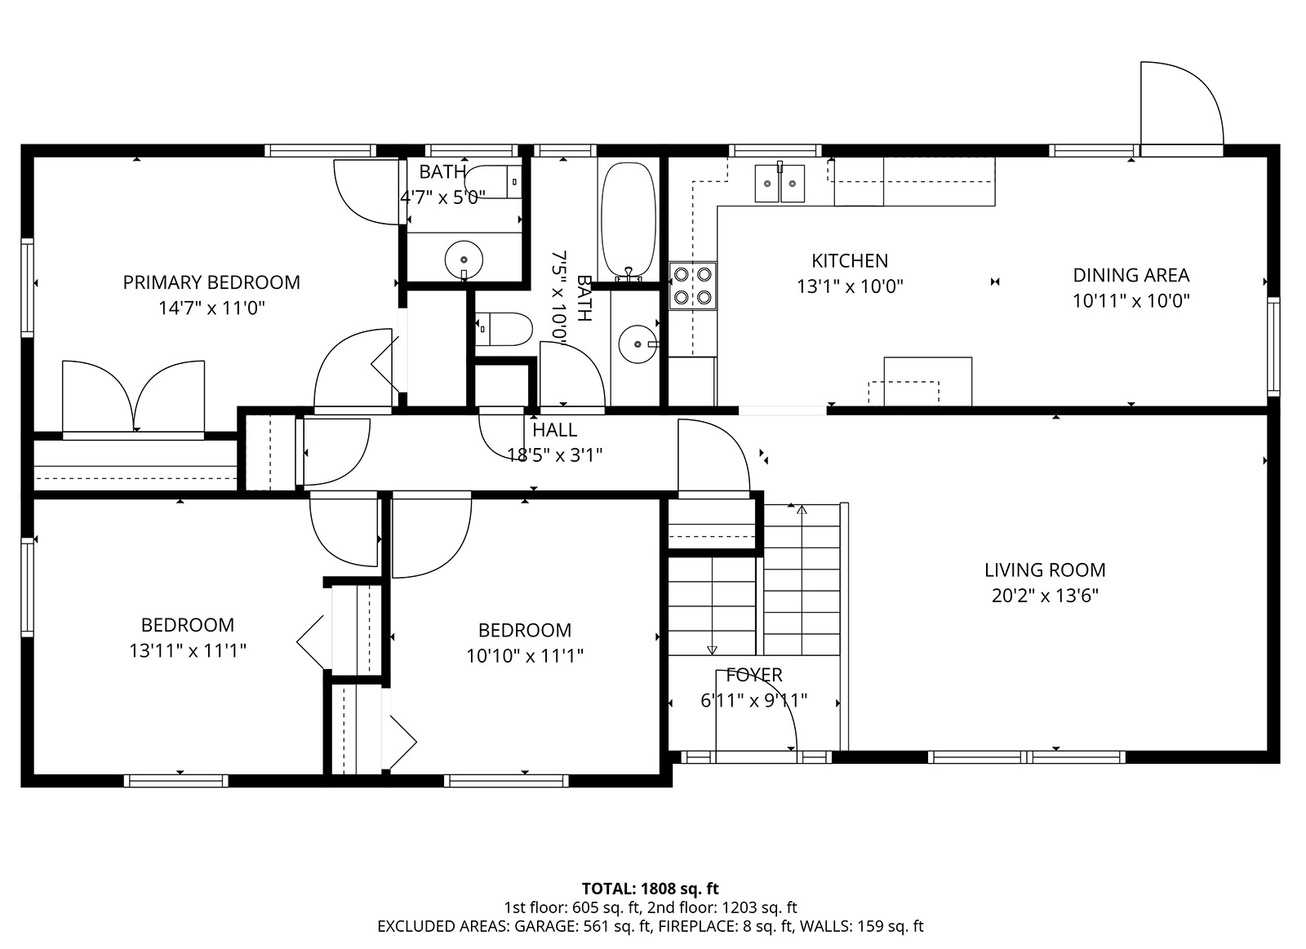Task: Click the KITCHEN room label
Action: [x=850, y=260]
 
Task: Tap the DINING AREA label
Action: [x=1131, y=275]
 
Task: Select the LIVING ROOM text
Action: [x=1045, y=570]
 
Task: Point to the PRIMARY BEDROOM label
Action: [x=211, y=282]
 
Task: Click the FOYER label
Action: [x=754, y=675]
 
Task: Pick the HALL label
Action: [x=554, y=430]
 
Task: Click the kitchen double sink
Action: [x=780, y=183]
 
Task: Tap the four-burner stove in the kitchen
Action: [x=693, y=286]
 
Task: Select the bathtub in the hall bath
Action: [x=629, y=220]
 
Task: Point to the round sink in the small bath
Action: [x=464, y=259]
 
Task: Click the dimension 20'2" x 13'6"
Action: [x=1045, y=596]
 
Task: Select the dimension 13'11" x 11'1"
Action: [x=188, y=650]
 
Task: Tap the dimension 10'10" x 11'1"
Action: [x=525, y=656]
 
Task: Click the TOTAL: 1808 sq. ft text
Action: [x=650, y=889]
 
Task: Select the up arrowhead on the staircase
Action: [x=802, y=510]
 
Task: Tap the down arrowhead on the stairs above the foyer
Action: [x=712, y=650]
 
